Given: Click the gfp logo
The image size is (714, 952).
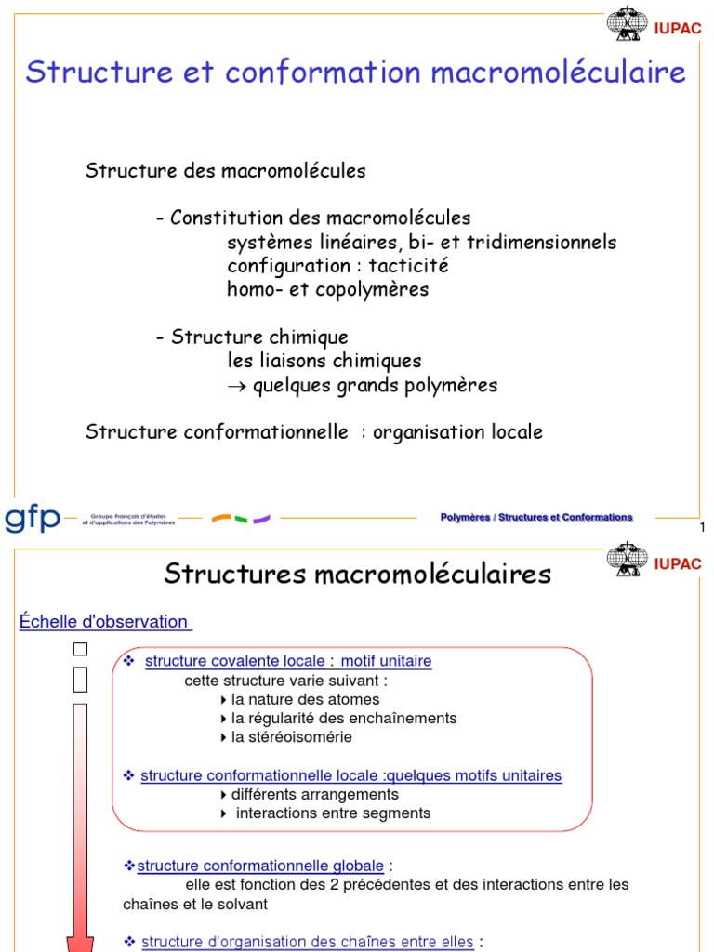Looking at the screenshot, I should (33, 518).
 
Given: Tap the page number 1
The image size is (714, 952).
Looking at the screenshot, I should (702, 528).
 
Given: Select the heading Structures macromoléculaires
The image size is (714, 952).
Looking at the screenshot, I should (357, 574).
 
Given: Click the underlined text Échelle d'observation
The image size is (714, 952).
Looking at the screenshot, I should (104, 622).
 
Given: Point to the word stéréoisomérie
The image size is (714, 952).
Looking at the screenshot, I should (292, 737).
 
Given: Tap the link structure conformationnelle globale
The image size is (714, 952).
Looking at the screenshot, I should (262, 866).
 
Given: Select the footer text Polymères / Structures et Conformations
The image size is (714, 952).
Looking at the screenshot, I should (536, 518).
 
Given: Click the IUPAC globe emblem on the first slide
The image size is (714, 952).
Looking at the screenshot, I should (628, 22).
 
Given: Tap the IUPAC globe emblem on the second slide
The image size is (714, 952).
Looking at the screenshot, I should (628, 560).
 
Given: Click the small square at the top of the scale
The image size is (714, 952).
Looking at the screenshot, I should (80, 649).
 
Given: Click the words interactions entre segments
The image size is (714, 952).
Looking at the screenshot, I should (334, 813).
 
